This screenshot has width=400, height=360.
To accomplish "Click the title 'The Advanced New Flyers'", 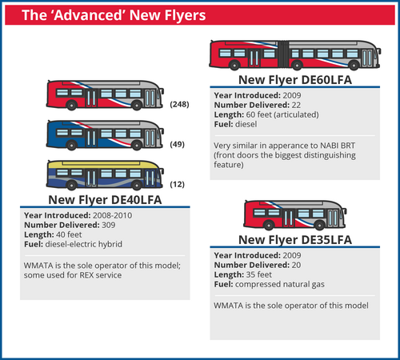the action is [114, 15].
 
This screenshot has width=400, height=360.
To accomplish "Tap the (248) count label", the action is [179, 104].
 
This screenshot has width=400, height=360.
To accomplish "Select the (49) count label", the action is [178, 144].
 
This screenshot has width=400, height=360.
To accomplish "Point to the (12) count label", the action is [178, 184].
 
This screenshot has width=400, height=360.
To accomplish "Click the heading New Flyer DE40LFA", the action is [105, 200].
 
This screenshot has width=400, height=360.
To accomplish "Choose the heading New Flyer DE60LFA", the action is [295, 80].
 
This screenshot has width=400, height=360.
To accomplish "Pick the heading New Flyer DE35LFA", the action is [295, 240].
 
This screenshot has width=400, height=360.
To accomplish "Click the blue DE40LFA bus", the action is [105, 135].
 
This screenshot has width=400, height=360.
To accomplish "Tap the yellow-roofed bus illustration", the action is [105, 175].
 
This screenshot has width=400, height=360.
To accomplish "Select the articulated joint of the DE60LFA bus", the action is [283, 54].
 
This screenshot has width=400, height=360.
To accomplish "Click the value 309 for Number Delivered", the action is [109, 225].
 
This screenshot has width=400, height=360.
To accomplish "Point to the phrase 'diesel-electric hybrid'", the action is [84, 244].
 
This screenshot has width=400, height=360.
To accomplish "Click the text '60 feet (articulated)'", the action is [282, 114].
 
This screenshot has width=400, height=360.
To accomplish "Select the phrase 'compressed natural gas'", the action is [280, 284].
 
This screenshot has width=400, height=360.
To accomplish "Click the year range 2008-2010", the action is [112, 215].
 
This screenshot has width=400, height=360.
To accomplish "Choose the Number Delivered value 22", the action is [296, 105].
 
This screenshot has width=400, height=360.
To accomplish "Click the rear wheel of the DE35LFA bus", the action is [269, 226].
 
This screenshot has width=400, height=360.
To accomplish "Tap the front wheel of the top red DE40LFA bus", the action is [137, 106].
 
